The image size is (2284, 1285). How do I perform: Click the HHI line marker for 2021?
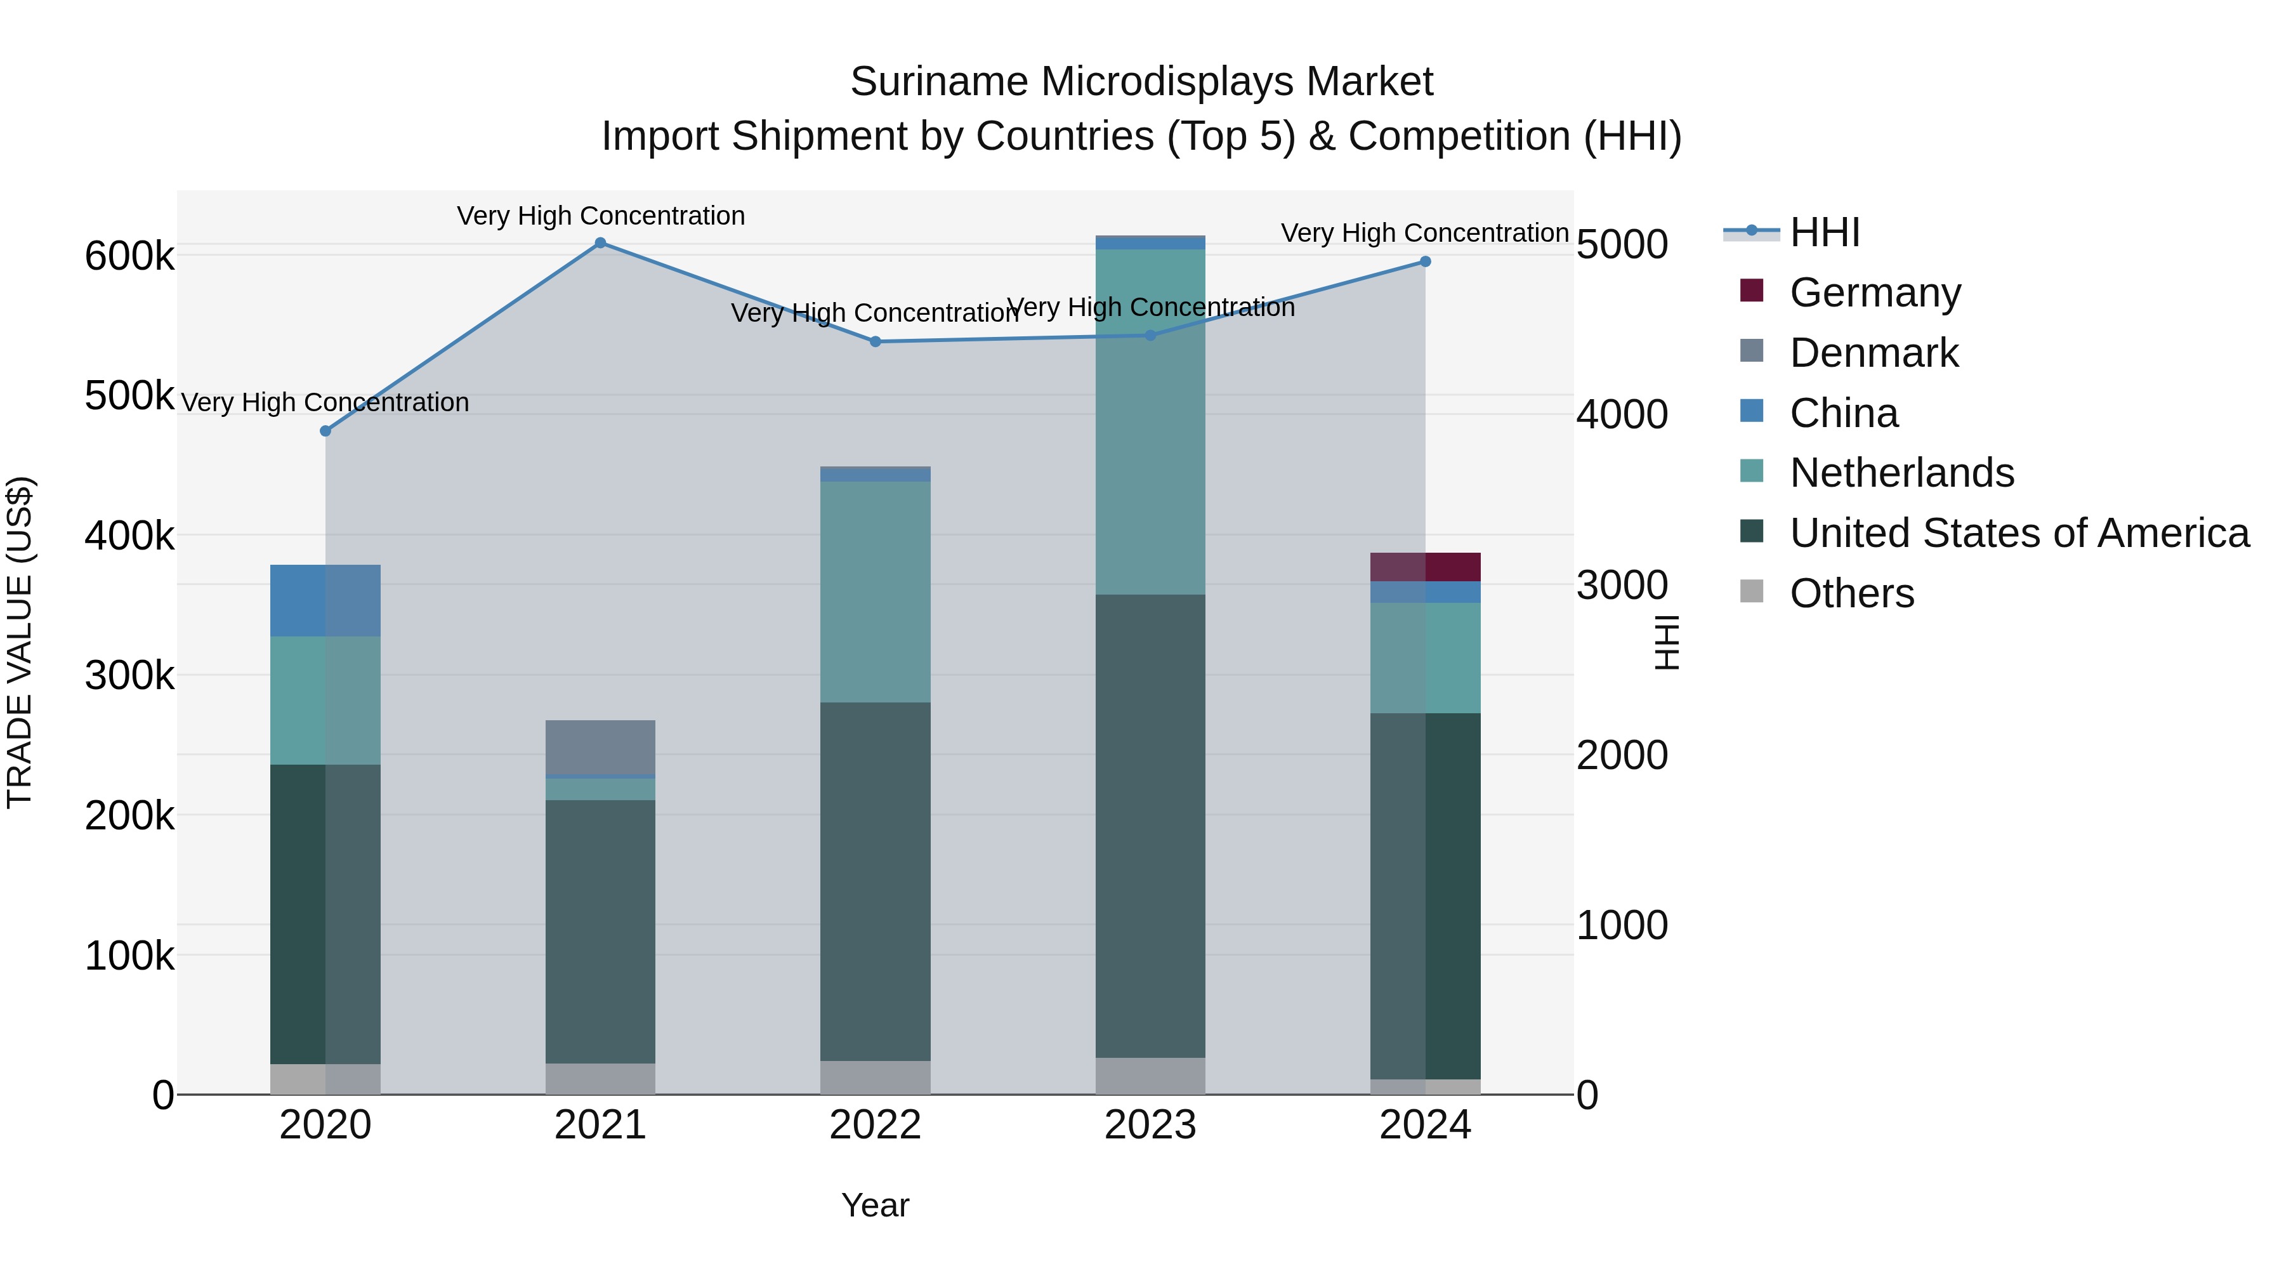(x=600, y=243)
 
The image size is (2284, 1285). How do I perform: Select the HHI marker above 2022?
(x=875, y=341)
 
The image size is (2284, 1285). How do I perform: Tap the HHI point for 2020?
(x=325, y=431)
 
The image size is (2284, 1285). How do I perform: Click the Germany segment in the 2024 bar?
(x=1426, y=567)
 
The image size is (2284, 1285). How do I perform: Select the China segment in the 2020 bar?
(x=325, y=600)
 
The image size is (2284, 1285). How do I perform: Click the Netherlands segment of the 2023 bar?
(x=1150, y=421)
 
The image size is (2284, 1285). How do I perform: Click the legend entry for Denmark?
(x=1874, y=353)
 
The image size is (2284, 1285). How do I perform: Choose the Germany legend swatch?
(x=1752, y=291)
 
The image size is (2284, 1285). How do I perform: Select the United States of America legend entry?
(x=2019, y=533)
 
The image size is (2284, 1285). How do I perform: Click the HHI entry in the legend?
(x=1824, y=232)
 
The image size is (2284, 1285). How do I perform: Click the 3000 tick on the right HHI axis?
(x=1622, y=585)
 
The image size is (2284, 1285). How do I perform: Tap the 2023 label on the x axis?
(x=1150, y=1125)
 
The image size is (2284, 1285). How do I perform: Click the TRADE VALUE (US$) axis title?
(x=20, y=642)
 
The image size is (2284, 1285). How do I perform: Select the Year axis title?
(x=875, y=1205)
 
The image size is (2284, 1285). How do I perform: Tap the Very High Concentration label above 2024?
(x=1425, y=234)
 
